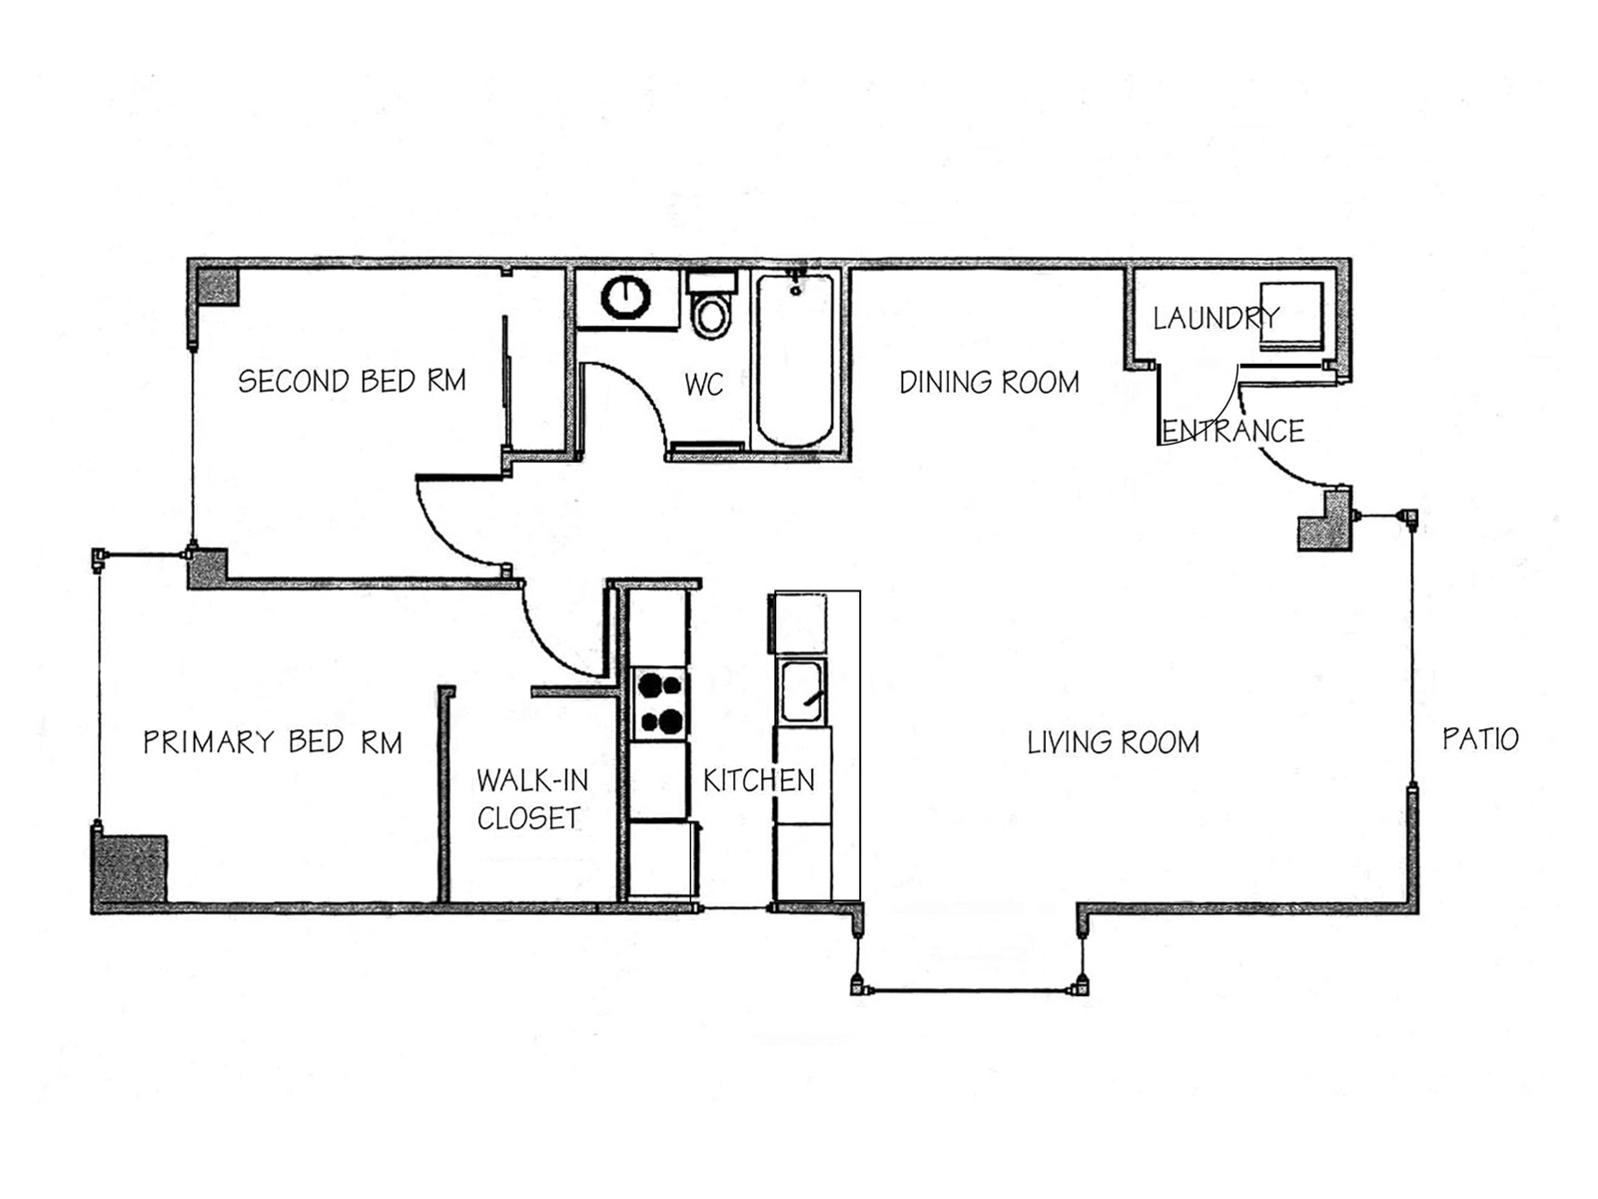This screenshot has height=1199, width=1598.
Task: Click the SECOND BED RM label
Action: [x=352, y=381]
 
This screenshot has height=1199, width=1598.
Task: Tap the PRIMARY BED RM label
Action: [x=273, y=741]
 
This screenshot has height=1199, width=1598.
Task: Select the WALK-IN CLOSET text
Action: [x=532, y=799]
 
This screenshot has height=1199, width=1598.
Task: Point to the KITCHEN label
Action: [x=759, y=780]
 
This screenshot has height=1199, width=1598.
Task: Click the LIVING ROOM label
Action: [x=1114, y=742]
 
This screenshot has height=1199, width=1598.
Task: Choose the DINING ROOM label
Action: [x=990, y=383]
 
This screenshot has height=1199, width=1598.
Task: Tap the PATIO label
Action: [x=1481, y=739]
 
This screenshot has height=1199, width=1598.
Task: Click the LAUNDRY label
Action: [x=1216, y=318]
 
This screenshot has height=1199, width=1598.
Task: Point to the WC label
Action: [x=704, y=385]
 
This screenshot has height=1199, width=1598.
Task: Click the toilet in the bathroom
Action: [x=711, y=306]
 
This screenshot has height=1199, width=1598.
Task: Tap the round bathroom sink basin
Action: [x=625, y=298]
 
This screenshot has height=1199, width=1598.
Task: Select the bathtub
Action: [x=795, y=361]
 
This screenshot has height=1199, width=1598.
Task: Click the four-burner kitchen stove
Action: [x=660, y=703]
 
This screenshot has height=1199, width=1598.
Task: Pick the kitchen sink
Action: [x=802, y=691]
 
